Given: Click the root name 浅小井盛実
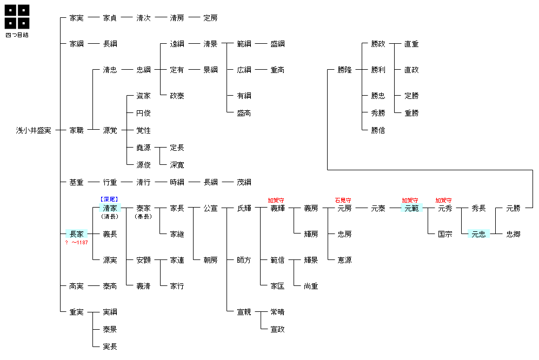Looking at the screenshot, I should click(x=34, y=130).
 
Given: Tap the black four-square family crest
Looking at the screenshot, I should click(x=17, y=17).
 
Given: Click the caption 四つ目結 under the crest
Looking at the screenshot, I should click(x=17, y=35).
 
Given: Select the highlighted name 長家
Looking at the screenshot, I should click(x=76, y=234).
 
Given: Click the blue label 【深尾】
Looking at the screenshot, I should click(x=110, y=199).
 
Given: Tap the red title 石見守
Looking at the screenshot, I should click(x=343, y=200).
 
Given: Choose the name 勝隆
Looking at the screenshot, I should click(x=344, y=70).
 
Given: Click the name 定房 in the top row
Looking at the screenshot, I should click(x=210, y=18).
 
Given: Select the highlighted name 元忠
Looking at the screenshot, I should click(x=478, y=234).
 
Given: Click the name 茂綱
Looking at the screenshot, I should click(x=244, y=182).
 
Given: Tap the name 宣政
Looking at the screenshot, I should click(x=277, y=329).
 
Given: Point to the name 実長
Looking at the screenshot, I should click(x=110, y=346).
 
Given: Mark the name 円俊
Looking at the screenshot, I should click(x=143, y=113).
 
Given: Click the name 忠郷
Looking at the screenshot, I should click(x=513, y=234).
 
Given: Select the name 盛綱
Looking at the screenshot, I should click(x=277, y=44).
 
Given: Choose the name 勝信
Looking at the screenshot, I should click(x=378, y=130).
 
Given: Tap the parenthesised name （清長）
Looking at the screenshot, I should click(x=110, y=216).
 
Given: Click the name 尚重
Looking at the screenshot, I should click(x=311, y=286).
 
